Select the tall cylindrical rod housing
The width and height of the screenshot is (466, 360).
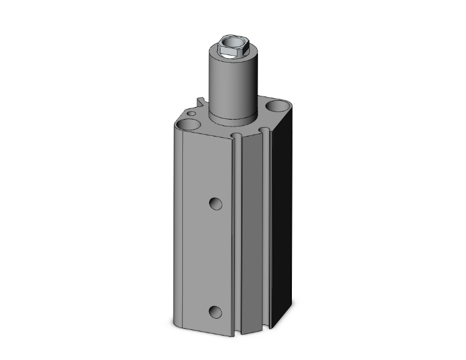[225, 88]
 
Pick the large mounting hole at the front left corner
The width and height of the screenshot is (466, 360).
[186, 126]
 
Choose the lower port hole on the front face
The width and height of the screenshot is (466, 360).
[215, 311]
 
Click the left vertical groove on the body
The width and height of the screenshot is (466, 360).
[236, 238]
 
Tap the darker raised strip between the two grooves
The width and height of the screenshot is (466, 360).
[254, 238]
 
